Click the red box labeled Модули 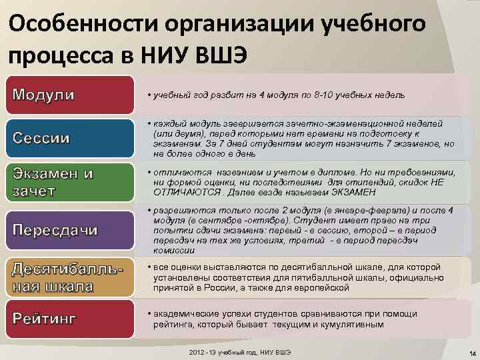pos(67,95)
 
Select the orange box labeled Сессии pos(67,139)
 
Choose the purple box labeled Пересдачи pos(67,230)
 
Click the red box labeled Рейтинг pos(67,317)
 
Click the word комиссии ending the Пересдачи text pos(175,251)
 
